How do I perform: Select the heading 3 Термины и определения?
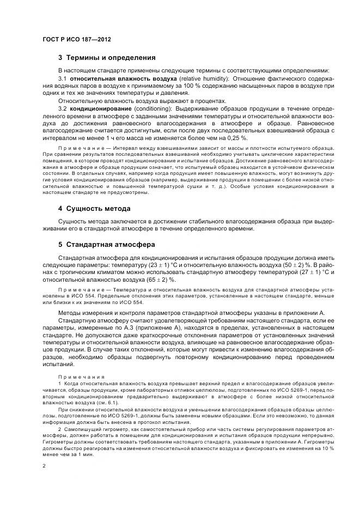point(107,57)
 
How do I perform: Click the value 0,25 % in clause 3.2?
point(235,138)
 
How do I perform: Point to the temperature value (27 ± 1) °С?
point(310,272)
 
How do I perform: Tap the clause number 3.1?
point(63,78)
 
